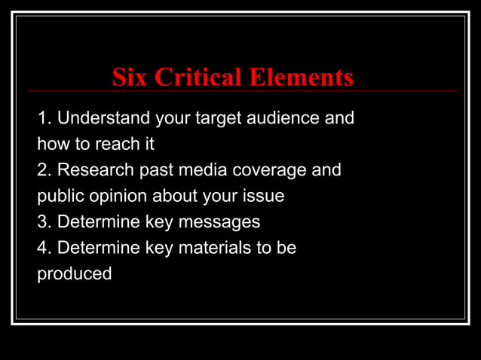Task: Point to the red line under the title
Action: (241, 91)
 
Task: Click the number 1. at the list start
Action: (44, 118)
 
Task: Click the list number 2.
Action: (44, 170)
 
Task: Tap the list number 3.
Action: (44, 222)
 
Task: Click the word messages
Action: (222, 222)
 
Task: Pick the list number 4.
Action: (44, 248)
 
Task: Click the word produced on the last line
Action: (75, 273)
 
